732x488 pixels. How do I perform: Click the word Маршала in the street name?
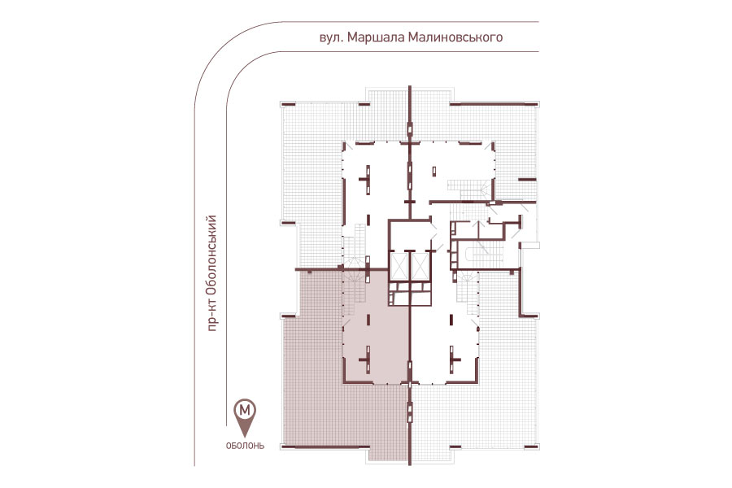[x=376, y=37]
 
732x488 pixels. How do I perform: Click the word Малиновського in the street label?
[x=455, y=37]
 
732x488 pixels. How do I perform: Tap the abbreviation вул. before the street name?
[x=332, y=38]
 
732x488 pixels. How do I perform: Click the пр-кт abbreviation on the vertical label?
[x=212, y=316]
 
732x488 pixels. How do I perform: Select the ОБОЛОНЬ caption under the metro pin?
[x=245, y=446]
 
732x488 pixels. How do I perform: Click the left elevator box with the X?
[x=399, y=266]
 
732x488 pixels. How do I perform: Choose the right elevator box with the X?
[x=420, y=266]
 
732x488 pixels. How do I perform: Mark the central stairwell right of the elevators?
[x=480, y=255]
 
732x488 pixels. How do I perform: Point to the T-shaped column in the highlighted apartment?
[x=367, y=359]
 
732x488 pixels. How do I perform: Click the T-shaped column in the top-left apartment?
[x=367, y=179]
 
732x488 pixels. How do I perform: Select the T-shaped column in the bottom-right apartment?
[x=453, y=359]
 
